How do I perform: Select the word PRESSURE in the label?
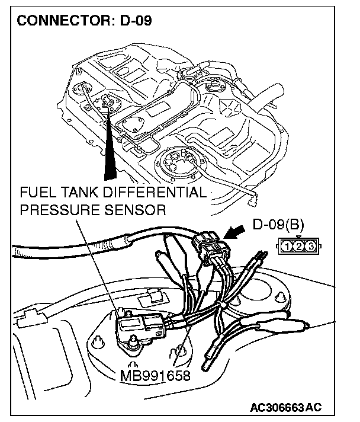coord(58,210)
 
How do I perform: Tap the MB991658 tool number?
coord(153,375)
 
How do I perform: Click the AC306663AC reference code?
coord(286,408)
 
